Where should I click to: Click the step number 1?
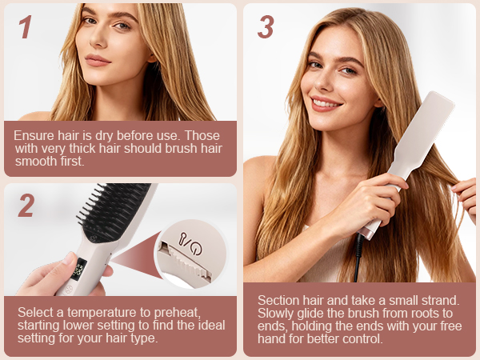tap(25, 27)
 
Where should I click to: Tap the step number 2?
tap(26, 206)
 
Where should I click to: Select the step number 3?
tap(266, 27)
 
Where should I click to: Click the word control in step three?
tap(366, 338)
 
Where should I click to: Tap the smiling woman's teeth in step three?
tap(326, 102)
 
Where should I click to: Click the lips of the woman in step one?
tap(98, 60)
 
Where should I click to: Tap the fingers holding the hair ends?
tap(465, 192)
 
